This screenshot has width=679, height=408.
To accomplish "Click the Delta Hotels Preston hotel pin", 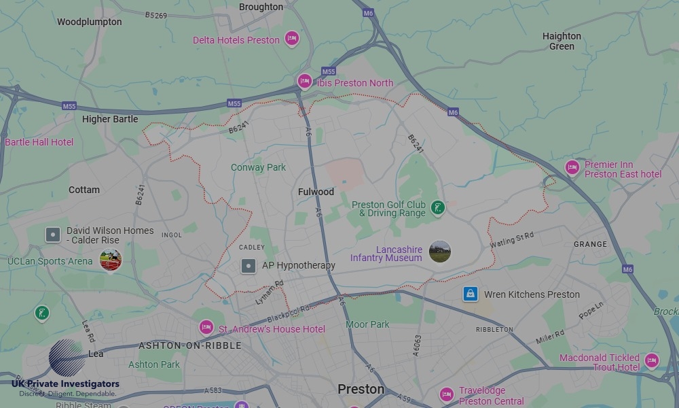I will tap(292, 39).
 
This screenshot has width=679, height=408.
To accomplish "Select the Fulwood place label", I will tap(316, 192).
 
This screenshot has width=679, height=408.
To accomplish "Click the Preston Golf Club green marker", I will tap(438, 208).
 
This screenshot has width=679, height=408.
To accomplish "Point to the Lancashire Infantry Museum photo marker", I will tap(440, 252).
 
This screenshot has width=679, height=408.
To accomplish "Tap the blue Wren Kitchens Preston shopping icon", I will tap(471, 294).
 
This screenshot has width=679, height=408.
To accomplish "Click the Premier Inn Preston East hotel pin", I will tap(572, 167).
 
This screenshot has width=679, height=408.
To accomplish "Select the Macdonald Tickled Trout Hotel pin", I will tap(652, 360).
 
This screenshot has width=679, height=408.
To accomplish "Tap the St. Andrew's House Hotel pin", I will tap(206, 328).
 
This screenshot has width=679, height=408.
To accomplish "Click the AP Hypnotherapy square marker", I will tap(249, 266).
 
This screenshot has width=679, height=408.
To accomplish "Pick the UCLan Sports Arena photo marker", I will tap(111, 260).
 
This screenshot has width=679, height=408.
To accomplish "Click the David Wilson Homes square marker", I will tap(53, 235).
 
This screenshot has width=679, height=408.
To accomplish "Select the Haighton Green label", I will tap(562, 41).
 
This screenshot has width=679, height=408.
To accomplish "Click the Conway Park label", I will tap(258, 167).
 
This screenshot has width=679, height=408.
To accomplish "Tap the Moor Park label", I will tap(367, 324).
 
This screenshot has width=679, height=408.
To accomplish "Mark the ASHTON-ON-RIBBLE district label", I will tap(189, 345).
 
